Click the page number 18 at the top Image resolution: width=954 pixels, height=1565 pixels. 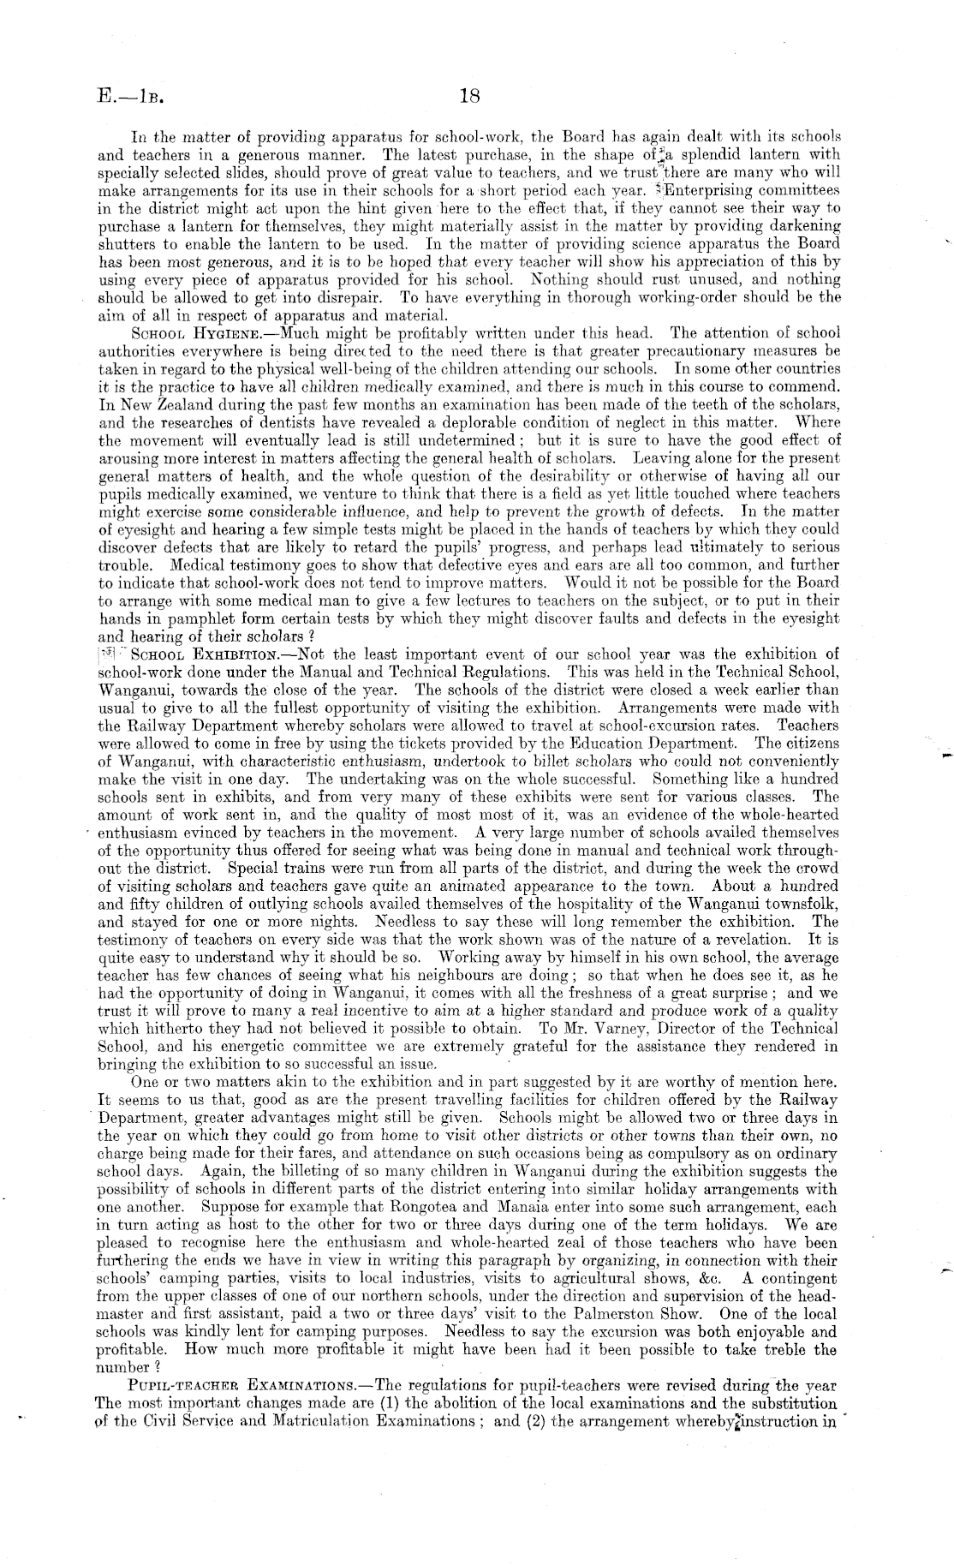tap(470, 96)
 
